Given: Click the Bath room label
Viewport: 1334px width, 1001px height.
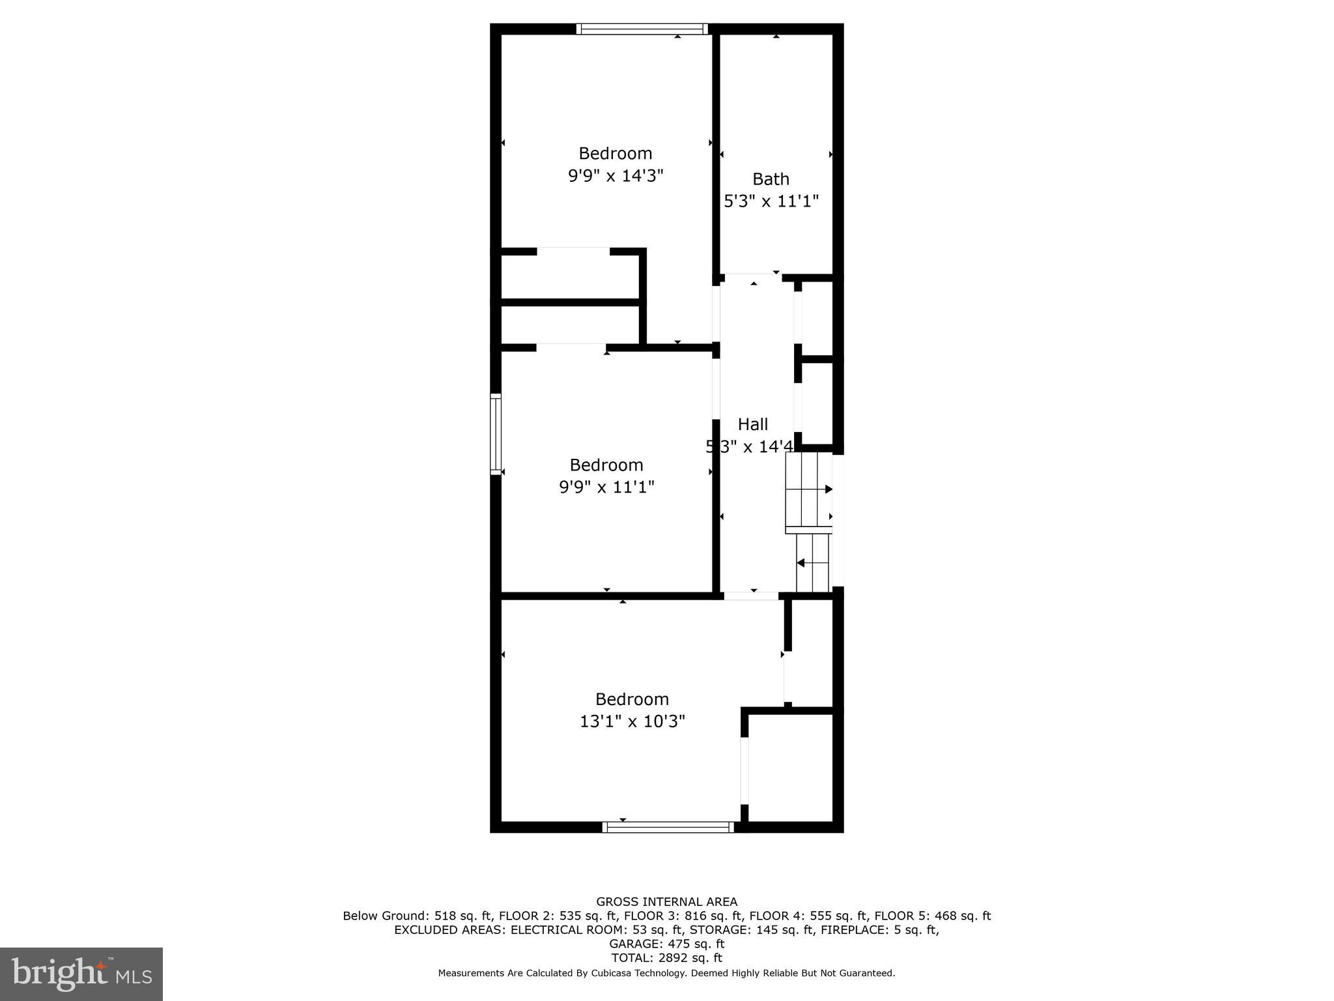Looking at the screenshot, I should click(771, 179).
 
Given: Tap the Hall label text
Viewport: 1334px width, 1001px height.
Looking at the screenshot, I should click(752, 424).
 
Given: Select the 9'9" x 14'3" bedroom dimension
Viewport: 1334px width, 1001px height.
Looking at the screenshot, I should click(616, 176).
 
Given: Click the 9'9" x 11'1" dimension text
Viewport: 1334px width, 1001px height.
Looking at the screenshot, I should click(606, 487).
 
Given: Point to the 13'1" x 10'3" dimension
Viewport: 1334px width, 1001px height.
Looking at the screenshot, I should click(632, 721).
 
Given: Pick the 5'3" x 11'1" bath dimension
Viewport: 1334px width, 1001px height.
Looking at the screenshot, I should click(771, 201).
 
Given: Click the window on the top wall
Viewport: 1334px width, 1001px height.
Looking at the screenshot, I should click(642, 29).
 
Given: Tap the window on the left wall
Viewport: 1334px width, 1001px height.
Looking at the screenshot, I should click(496, 433).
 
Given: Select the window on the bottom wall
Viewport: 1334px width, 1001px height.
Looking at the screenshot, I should click(668, 827).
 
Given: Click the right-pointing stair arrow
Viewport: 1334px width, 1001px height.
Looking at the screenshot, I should click(828, 489).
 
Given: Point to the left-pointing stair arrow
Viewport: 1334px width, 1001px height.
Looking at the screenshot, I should click(801, 562).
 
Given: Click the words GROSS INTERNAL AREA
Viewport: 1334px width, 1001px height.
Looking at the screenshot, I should click(666, 902).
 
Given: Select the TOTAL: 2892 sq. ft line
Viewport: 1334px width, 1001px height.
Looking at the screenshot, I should click(666, 958).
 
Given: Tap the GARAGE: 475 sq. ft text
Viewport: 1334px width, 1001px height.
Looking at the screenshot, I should click(666, 944).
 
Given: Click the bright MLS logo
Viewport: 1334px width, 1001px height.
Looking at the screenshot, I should click(81, 974).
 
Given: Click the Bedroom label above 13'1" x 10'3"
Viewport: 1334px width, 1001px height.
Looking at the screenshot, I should click(632, 699).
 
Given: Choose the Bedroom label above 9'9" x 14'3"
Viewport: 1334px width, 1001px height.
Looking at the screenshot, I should click(616, 153).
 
